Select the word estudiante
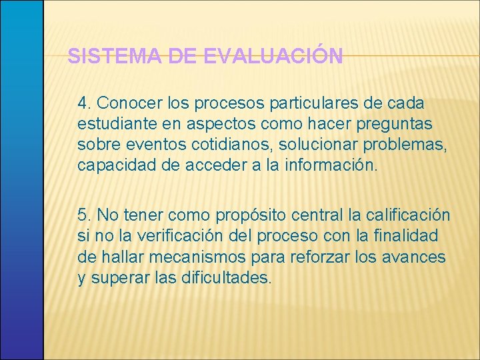114,124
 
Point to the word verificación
169,236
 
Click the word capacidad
117,165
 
